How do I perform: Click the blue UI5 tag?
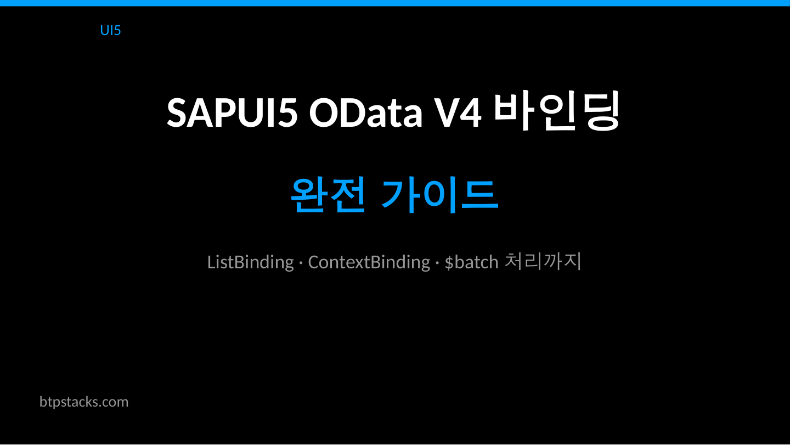110,30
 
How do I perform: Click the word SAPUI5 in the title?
232,112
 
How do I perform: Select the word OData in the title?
365,112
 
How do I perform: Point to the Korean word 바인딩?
556,111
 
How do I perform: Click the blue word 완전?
328,195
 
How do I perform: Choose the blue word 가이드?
439,195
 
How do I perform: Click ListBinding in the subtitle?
250,262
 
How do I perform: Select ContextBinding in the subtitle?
369,262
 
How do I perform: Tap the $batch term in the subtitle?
471,262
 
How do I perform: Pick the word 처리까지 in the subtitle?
542,262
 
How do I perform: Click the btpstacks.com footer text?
84,402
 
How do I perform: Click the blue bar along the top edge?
395,3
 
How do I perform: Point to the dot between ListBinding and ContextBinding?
301,263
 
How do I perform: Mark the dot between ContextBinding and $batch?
437,263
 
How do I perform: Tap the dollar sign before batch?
449,262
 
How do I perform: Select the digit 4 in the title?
471,112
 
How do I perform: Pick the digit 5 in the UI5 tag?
117,30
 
